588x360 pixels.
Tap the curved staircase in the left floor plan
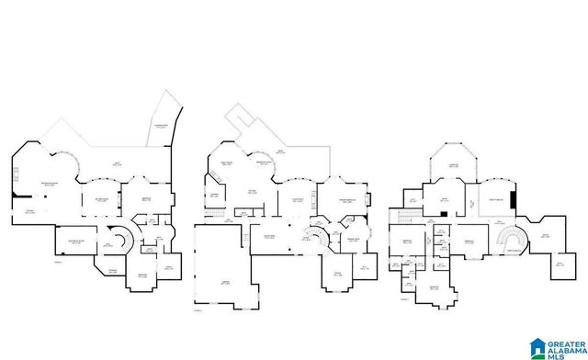[118, 239]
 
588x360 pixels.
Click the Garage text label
[224, 283]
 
